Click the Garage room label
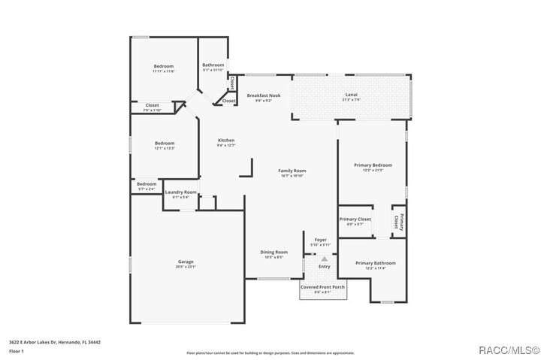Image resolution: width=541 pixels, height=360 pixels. (186, 262)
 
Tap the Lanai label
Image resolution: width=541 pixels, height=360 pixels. (351, 95)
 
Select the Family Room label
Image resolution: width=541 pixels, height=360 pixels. (292, 171)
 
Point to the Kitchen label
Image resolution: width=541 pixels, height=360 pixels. (226, 141)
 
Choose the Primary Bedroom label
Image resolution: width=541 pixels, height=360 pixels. (373, 165)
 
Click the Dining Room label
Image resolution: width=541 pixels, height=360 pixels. (274, 252)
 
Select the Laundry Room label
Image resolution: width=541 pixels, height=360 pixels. (180, 192)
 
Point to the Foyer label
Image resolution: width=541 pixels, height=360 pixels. (320, 239)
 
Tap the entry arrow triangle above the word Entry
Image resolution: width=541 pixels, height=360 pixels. (325, 258)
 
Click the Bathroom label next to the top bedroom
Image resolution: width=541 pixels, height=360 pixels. (213, 65)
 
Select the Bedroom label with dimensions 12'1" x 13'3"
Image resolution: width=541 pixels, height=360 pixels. (165, 143)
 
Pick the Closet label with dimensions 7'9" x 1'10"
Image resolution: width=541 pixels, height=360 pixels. (152, 105)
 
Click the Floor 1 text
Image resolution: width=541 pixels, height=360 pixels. (16, 351)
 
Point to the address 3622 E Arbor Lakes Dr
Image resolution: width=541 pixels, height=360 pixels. (54, 342)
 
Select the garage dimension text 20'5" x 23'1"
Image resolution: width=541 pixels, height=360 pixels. (186, 267)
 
